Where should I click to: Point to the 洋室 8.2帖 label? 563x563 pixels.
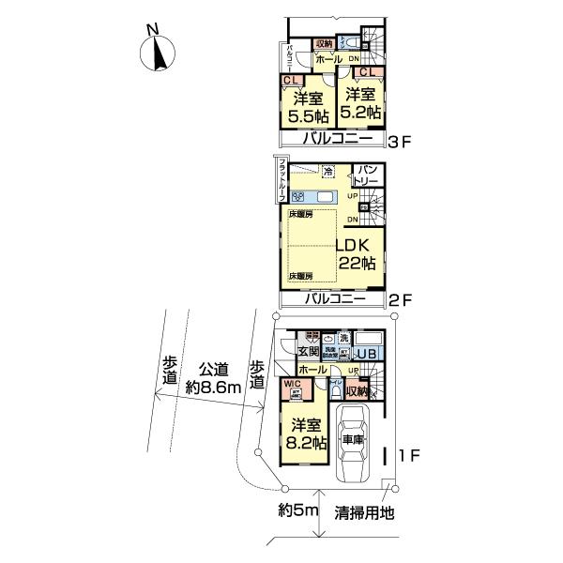[x=305, y=433]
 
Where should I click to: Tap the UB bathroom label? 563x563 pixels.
[x=366, y=353]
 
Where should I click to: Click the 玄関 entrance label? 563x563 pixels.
[x=309, y=352]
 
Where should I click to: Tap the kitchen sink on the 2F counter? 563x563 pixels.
[x=326, y=196]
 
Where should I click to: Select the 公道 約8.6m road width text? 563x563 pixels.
[x=214, y=378]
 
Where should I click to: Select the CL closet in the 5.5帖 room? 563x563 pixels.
[x=291, y=82]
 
